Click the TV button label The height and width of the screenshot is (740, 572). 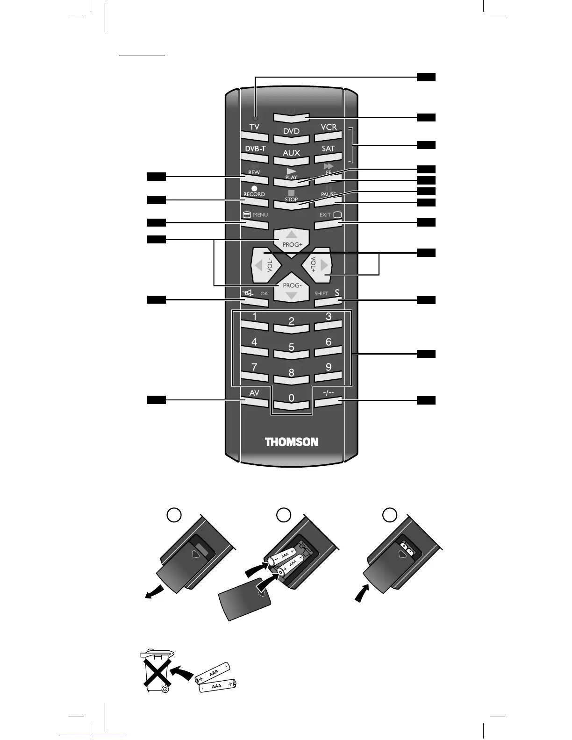[254, 127]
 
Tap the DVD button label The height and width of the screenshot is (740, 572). [291, 131]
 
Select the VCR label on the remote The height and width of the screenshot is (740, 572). [329, 127]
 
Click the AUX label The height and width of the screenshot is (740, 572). [291, 153]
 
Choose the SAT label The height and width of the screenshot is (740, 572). [329, 149]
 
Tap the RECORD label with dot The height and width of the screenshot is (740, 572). [254, 192]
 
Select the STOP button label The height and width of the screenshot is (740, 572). [291, 196]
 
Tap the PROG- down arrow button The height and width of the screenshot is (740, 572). [292, 290]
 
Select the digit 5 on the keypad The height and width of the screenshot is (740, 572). [291, 347]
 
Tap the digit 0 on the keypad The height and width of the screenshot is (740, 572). [291, 398]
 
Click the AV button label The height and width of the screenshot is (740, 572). [254, 393]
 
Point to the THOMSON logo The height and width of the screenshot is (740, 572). [292, 442]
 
